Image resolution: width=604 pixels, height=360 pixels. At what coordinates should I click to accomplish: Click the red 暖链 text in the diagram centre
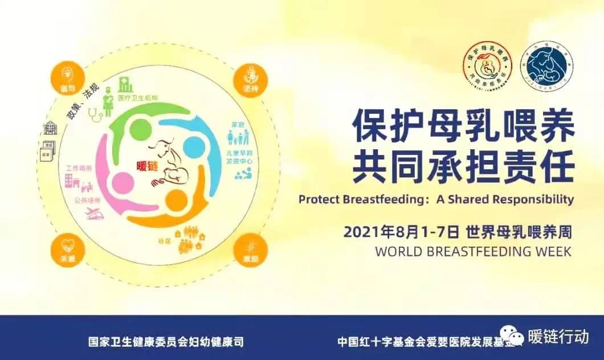coord(146,166)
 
